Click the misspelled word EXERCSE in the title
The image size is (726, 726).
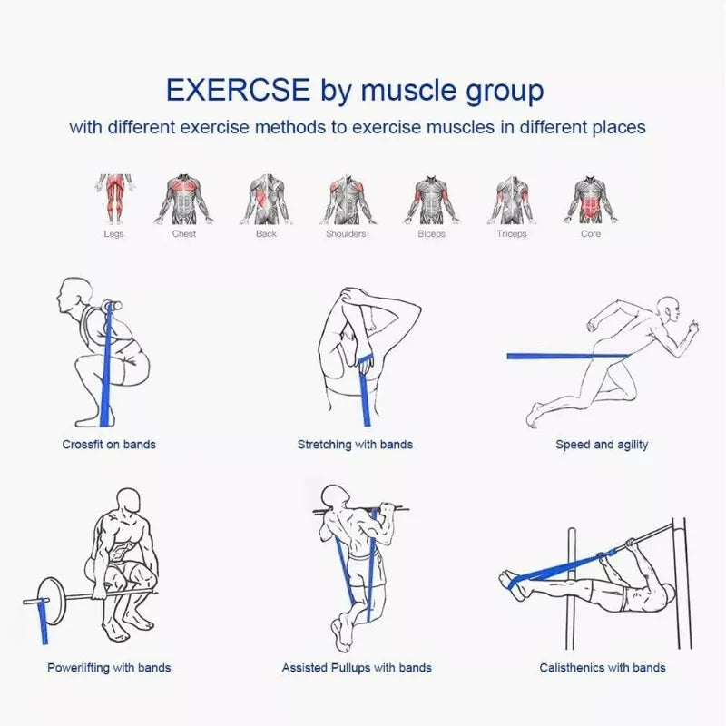(x=239, y=91)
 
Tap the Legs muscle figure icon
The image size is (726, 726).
(x=113, y=198)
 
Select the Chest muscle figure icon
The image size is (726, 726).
(x=184, y=198)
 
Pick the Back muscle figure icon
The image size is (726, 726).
(x=266, y=198)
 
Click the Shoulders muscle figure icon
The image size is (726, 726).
(x=346, y=198)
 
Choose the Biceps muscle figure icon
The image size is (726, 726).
(x=431, y=198)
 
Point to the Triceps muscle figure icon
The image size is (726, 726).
(x=511, y=198)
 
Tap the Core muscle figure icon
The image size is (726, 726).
(x=591, y=198)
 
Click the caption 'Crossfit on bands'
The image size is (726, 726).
(x=109, y=445)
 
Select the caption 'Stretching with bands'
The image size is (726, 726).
(x=355, y=445)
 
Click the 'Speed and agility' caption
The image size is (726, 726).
(x=602, y=445)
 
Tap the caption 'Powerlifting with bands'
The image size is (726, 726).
(x=109, y=668)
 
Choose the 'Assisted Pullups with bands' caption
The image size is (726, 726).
(x=357, y=668)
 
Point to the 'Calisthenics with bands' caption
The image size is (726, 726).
(x=603, y=668)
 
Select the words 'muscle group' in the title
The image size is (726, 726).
(x=452, y=91)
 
